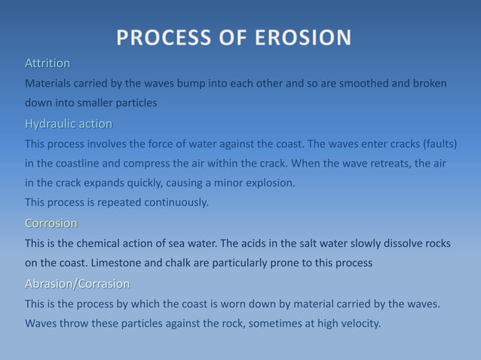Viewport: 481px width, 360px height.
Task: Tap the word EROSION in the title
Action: click(302, 37)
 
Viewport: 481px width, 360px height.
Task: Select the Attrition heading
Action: click(47, 63)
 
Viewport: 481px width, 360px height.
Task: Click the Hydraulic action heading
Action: click(69, 124)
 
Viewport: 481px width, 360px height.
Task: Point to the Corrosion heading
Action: click(51, 223)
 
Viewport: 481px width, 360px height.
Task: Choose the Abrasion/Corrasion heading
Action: click(77, 284)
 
